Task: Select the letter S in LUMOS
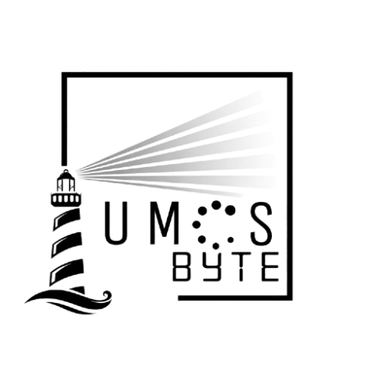(262, 224)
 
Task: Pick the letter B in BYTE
(180, 266)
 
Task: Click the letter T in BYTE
(242, 266)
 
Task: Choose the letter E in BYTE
(270, 266)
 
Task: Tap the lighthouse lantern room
(66, 183)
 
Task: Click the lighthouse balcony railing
(66, 200)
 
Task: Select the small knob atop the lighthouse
(66, 171)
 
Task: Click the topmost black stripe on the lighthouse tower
(67, 218)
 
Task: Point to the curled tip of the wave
(107, 295)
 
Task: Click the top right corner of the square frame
(290, 75)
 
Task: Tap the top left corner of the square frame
(64, 75)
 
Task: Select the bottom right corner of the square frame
(290, 297)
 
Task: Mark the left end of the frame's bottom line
(179, 297)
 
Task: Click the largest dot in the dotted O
(230, 210)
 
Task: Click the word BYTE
(226, 266)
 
